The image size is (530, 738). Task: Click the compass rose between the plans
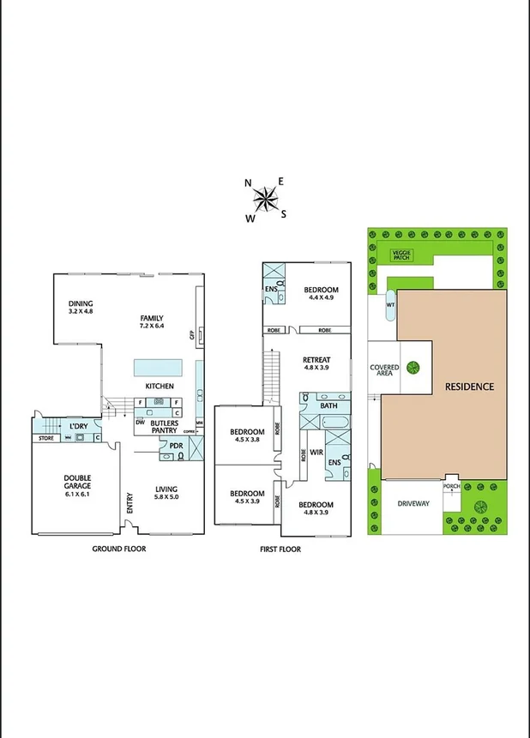tap(266, 199)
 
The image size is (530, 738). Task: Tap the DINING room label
tap(81, 308)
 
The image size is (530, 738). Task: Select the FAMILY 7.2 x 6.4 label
tap(152, 322)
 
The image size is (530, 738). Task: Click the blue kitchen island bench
tap(158, 368)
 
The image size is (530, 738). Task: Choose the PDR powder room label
tap(176, 446)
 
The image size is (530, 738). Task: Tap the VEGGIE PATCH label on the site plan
tap(401, 255)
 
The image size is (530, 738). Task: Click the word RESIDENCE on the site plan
tap(469, 387)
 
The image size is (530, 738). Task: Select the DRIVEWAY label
tap(413, 503)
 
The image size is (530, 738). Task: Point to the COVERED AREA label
tap(384, 371)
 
